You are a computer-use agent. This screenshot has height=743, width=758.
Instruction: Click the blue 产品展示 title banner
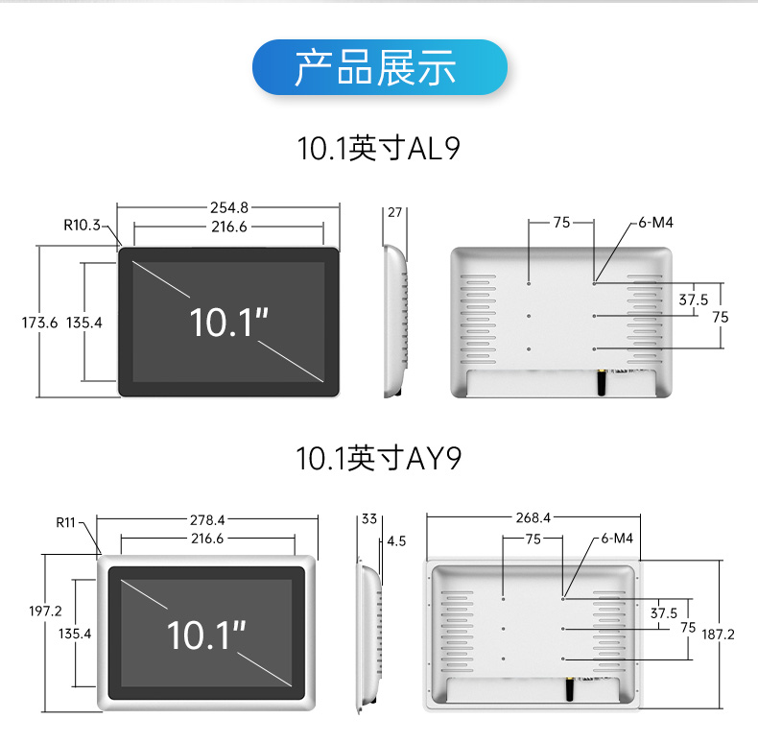click(x=378, y=67)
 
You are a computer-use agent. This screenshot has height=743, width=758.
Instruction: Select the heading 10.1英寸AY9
click(x=379, y=459)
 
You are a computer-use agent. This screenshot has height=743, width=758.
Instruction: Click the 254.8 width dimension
click(x=229, y=206)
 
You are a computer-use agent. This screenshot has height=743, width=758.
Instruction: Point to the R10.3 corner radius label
click(x=83, y=226)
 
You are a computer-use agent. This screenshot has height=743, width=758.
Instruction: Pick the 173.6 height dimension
click(x=41, y=323)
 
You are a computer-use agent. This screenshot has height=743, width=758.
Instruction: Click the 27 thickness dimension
click(x=394, y=212)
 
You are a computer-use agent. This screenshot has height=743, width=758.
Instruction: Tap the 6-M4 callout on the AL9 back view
click(x=655, y=223)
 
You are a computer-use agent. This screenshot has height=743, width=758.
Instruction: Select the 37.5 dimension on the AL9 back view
click(x=693, y=300)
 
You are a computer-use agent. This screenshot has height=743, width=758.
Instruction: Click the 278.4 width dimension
click(x=207, y=520)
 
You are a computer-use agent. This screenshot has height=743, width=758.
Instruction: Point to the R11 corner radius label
click(x=65, y=522)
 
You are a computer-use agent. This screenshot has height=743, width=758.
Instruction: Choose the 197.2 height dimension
click(x=45, y=611)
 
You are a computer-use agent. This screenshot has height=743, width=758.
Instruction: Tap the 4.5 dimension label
click(x=396, y=541)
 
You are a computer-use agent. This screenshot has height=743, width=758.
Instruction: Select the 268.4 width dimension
click(x=533, y=516)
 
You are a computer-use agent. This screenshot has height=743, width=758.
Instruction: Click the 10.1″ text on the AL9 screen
click(x=227, y=322)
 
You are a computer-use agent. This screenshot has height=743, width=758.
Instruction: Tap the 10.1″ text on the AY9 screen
click(x=205, y=635)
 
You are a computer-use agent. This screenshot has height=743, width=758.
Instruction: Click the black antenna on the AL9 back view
click(x=603, y=381)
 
